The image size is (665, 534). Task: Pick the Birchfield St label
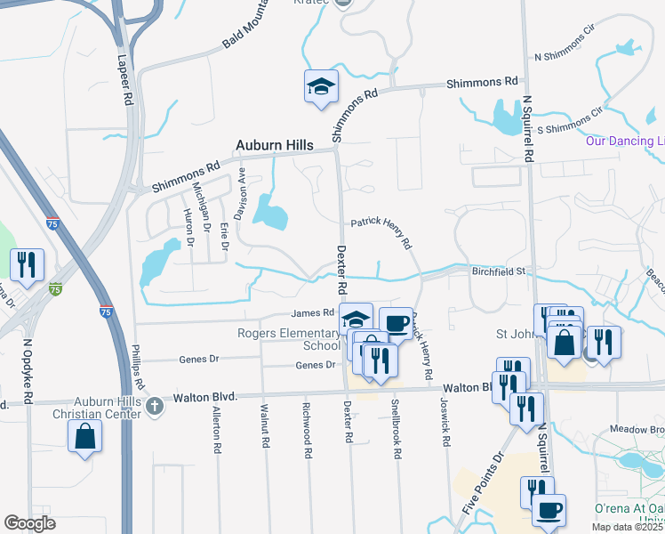500,271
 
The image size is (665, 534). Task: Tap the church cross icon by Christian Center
155,407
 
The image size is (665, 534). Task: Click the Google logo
29,523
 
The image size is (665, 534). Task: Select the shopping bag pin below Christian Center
85,436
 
